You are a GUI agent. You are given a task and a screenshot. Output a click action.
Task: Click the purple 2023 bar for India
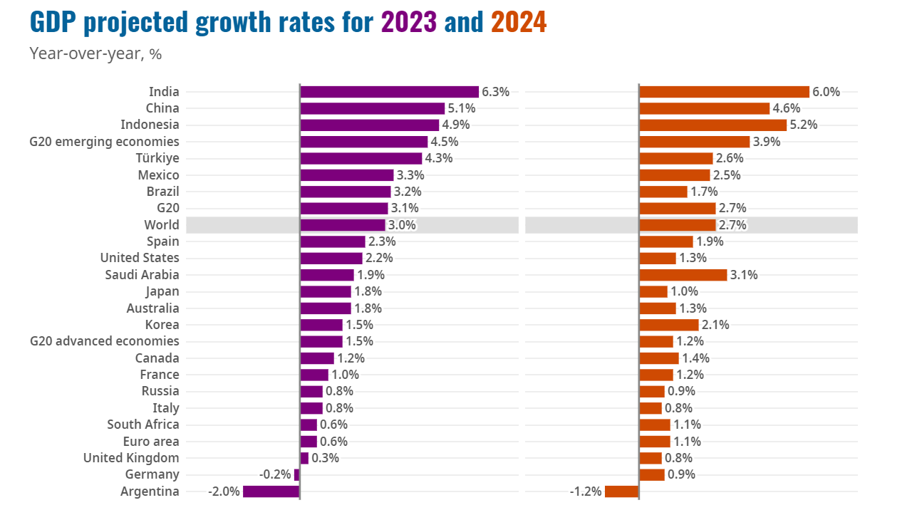(x=389, y=92)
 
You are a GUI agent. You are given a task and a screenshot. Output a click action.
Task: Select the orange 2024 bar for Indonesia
(x=713, y=125)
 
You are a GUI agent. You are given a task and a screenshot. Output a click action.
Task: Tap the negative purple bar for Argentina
(x=271, y=491)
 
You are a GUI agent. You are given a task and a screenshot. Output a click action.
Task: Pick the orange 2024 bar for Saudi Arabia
(x=683, y=275)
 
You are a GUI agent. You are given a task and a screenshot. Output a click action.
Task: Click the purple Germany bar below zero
(x=296, y=474)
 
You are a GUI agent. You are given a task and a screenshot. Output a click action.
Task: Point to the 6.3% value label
(x=495, y=92)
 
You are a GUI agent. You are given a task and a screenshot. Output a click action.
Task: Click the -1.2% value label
(x=586, y=491)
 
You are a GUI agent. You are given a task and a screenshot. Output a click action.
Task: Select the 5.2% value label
(x=803, y=125)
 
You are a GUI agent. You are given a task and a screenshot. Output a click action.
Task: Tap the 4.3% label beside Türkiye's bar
(x=439, y=158)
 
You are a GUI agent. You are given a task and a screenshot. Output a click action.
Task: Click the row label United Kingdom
(x=131, y=458)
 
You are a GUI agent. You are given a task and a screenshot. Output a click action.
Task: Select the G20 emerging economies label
(x=104, y=142)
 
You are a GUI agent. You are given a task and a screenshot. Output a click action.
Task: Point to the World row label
(x=161, y=225)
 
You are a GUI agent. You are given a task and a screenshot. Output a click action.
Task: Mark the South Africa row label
(x=143, y=425)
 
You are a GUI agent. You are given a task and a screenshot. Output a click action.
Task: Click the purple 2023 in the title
(x=409, y=23)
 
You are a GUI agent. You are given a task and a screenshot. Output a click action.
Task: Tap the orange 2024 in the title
(x=519, y=23)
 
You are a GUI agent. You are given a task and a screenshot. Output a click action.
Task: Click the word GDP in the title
(x=53, y=23)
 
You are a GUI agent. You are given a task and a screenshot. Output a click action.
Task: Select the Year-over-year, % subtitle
(x=90, y=53)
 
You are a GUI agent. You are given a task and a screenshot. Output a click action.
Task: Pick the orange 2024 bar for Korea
(x=668, y=325)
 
